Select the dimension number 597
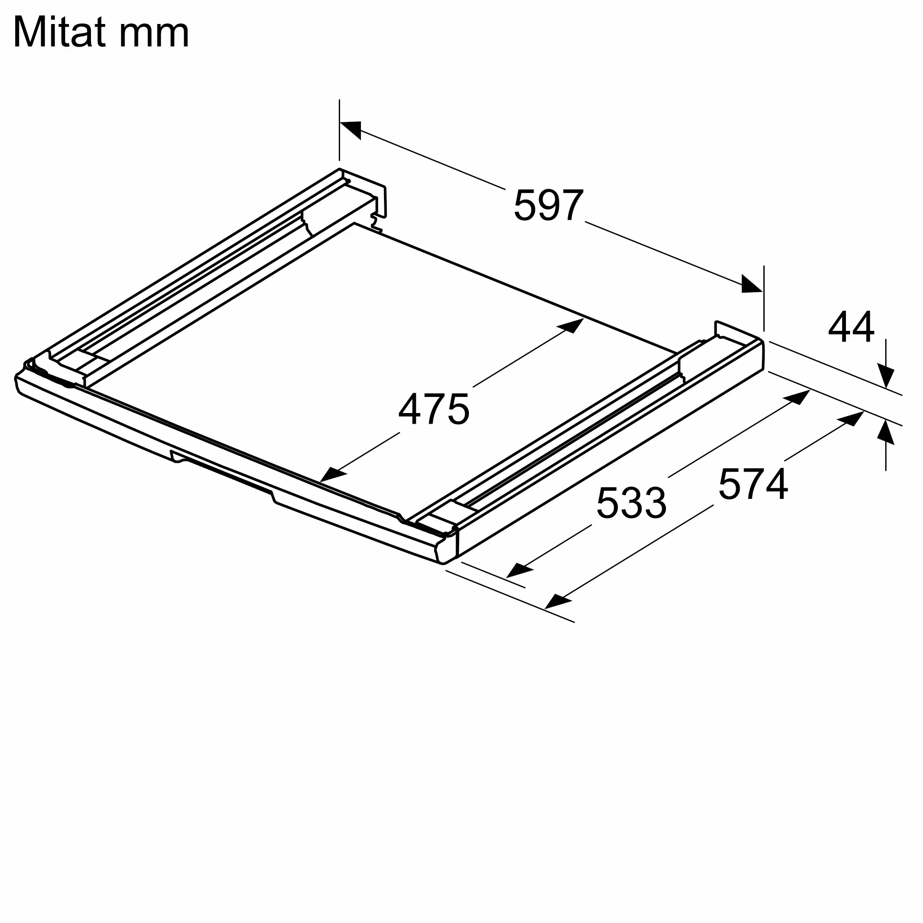click(548, 205)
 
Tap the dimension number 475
click(434, 409)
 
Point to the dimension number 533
click(632, 503)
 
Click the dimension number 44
click(851, 327)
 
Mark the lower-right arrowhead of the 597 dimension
click(751, 284)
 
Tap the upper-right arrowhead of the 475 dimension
click(571, 325)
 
